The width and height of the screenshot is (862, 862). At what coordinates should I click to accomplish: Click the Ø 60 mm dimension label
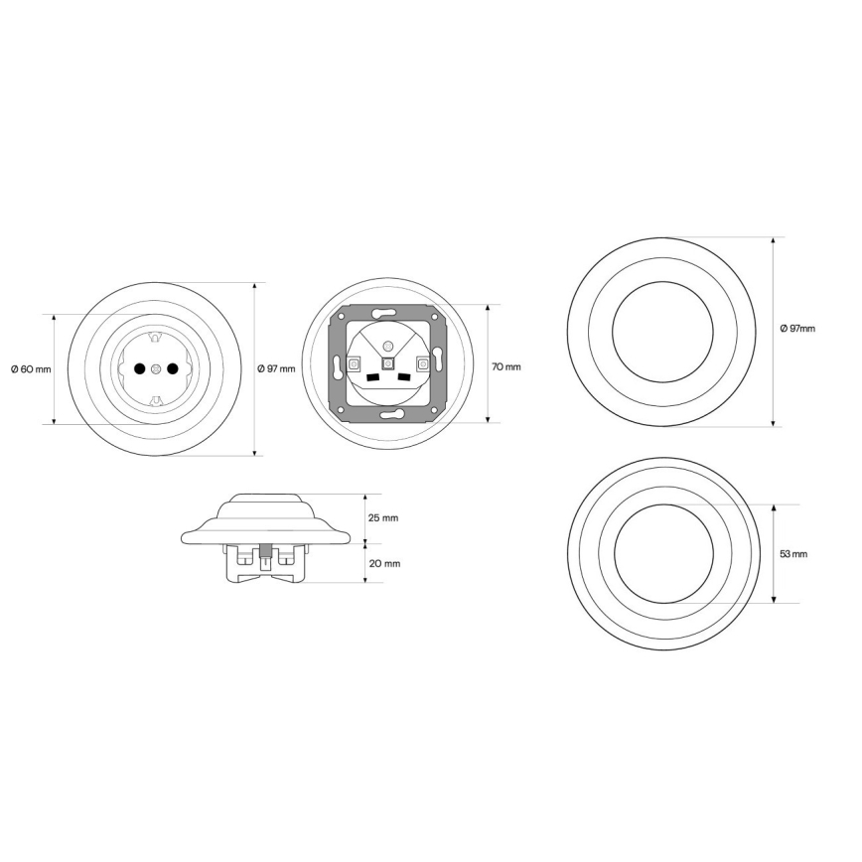tap(31, 368)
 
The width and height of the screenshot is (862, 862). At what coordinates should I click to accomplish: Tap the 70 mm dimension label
tap(505, 366)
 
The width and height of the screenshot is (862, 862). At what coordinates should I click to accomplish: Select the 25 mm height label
tap(383, 517)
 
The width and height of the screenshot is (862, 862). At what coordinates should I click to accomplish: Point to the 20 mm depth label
tap(384, 563)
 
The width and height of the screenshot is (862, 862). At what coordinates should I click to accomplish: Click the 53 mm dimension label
tap(793, 553)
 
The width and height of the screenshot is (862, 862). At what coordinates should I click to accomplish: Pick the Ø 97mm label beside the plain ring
tap(797, 328)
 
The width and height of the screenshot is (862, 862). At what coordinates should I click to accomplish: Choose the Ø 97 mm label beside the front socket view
tap(276, 368)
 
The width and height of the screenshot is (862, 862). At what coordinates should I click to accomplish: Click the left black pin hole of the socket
tap(140, 368)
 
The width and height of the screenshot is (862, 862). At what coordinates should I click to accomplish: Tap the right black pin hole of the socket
tap(172, 368)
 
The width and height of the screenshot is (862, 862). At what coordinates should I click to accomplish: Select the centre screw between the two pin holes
tap(156, 368)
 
